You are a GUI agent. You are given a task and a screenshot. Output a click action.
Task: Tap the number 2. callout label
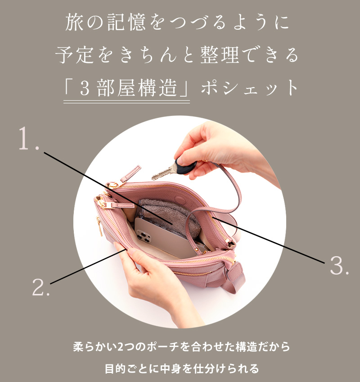coord(41,287)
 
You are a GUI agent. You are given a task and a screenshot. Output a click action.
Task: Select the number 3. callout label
coord(339,265)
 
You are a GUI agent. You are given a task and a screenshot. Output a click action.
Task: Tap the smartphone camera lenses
coord(144,236)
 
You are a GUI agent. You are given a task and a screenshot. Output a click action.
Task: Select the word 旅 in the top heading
coord(74,22)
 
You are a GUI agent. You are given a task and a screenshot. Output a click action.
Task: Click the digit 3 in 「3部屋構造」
coord(85,88)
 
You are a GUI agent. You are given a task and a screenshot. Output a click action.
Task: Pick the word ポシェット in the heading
coord(249,88)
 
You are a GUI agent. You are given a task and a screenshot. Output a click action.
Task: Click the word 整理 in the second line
coord(220,55)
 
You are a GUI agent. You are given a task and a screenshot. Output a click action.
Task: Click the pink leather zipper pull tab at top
coord(131,173)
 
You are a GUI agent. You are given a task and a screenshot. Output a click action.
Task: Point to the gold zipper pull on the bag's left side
coord(99,226)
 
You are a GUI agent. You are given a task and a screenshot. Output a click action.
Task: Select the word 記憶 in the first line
coord(127,22)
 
